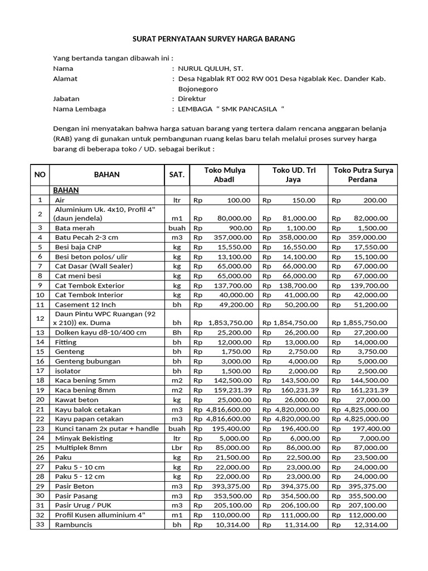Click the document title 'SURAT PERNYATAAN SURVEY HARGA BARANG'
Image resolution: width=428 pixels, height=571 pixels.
click(213, 39)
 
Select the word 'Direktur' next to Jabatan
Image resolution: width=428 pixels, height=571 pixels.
click(192, 99)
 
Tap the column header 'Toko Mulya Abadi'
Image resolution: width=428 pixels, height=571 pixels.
click(225, 175)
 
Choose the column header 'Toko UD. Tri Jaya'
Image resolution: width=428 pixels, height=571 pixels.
click(293, 175)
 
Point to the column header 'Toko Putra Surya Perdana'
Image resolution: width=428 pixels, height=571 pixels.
click(363, 175)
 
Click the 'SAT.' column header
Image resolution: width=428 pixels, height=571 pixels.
click(177, 175)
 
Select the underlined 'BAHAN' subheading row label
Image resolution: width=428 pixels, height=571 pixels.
click(66, 190)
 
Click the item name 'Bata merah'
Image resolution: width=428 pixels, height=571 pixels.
click(75, 228)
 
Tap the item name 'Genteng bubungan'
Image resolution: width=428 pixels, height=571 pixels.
click(87, 361)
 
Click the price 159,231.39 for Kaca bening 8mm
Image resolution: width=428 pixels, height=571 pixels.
click(231, 390)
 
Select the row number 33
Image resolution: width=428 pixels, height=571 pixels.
click(40, 524)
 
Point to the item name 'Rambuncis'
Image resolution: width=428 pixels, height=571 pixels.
click(74, 525)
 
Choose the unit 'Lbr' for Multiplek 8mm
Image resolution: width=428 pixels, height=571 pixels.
click(177, 448)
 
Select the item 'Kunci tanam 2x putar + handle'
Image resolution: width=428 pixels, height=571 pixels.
click(106, 429)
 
